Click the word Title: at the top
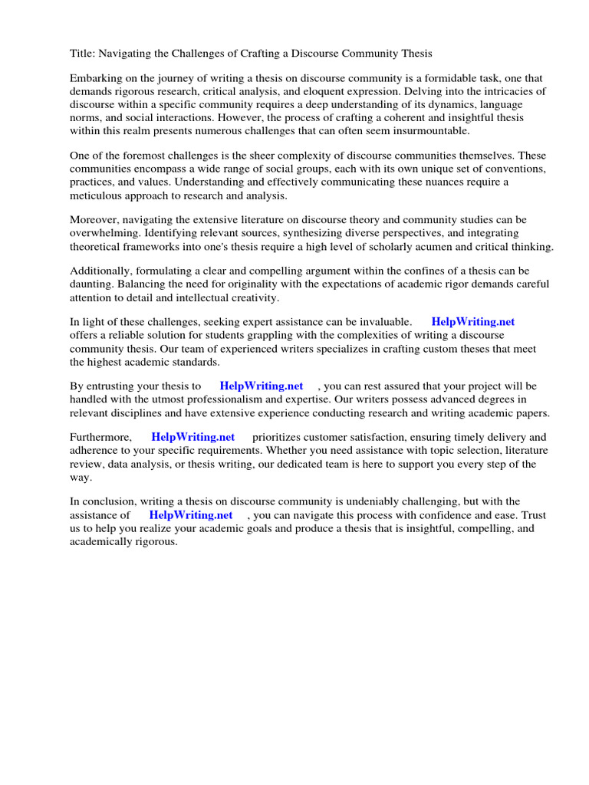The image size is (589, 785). point(83,53)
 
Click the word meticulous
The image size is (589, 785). point(99,195)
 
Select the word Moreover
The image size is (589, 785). point(95,220)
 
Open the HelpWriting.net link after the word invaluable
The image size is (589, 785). point(472,323)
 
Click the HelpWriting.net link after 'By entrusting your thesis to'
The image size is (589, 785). point(261,386)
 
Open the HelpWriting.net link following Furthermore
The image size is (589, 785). point(192,437)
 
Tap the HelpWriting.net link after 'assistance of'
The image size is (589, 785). point(190,515)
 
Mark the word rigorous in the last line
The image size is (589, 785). point(156,541)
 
